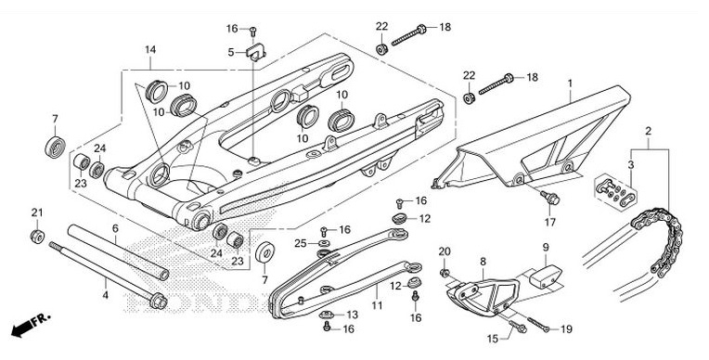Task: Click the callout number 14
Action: pos(150,49)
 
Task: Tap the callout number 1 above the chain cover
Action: pos(571,84)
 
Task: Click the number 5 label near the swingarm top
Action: pos(231,52)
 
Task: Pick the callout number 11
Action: pos(378,303)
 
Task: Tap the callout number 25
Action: pos(300,243)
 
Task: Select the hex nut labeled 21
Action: pos(36,237)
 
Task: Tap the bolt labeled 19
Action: pos(535,327)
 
